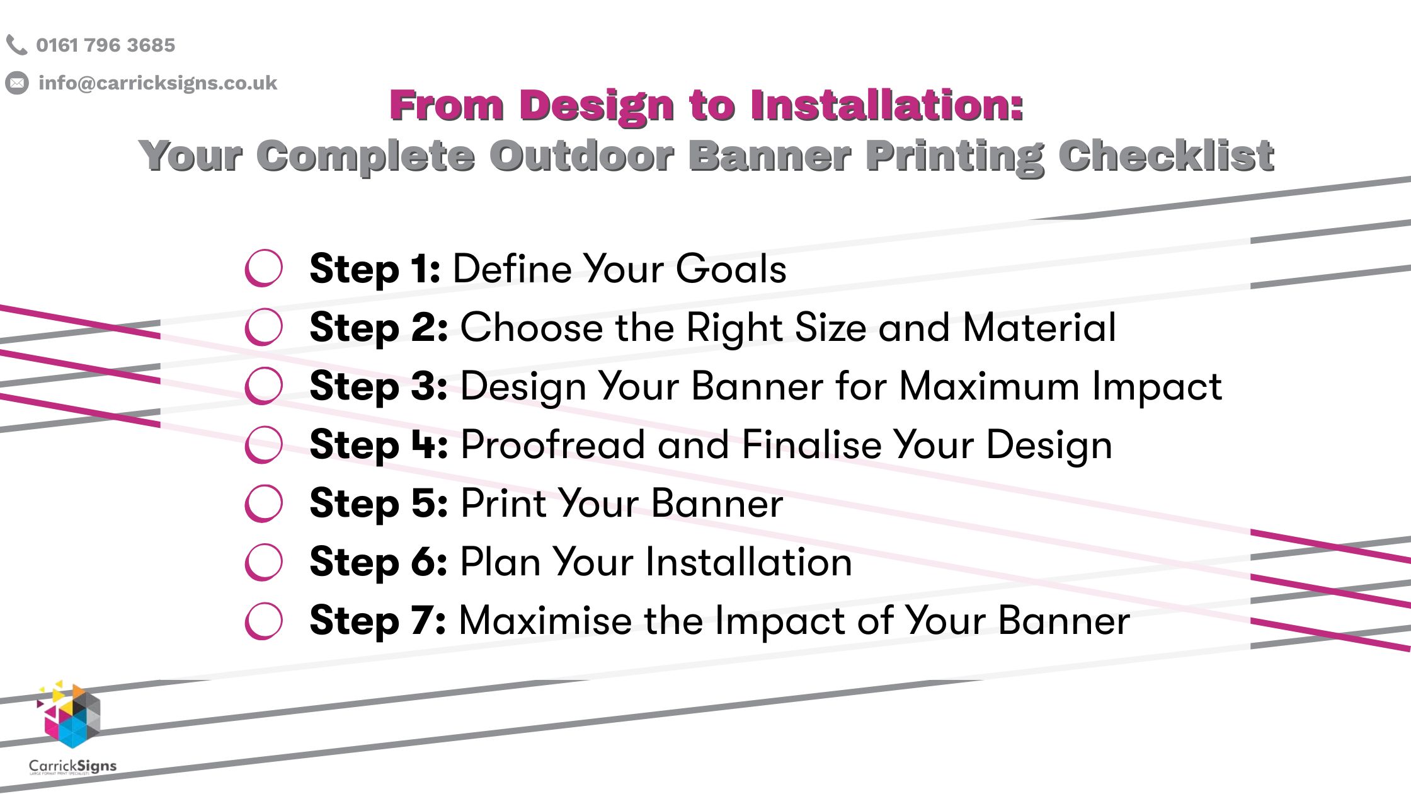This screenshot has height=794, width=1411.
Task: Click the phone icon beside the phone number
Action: click(x=16, y=45)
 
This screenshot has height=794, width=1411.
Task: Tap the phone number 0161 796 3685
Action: click(x=105, y=45)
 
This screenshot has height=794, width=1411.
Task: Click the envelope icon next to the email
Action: click(x=17, y=83)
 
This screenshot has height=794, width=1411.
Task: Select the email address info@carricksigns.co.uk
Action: click(x=157, y=83)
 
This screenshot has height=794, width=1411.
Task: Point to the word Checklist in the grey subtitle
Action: click(x=1166, y=156)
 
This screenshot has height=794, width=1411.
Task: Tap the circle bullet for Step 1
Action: click(x=263, y=268)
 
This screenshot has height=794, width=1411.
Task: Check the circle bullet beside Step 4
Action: click(x=263, y=444)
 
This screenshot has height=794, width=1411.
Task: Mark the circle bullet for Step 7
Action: click(x=263, y=621)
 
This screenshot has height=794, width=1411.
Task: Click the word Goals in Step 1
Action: click(x=731, y=269)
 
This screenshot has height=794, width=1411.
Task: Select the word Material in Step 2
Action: click(x=1039, y=328)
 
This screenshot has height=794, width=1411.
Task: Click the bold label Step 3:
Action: click(x=378, y=386)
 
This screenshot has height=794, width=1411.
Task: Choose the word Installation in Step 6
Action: click(x=749, y=562)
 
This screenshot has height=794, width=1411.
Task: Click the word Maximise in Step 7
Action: click(x=545, y=621)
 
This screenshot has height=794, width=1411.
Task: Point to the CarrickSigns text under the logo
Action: click(x=72, y=766)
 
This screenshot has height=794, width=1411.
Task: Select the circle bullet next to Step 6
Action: click(x=263, y=561)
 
